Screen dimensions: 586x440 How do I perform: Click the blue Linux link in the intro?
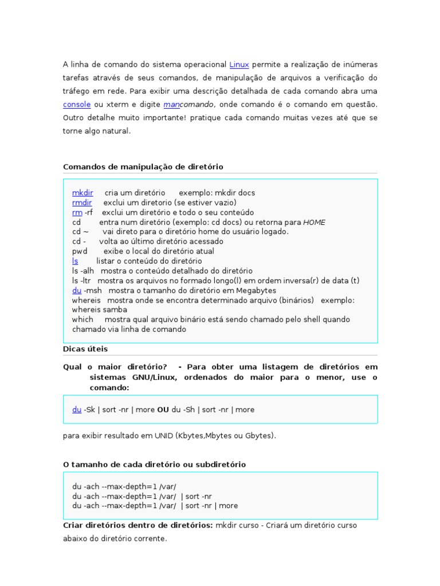239,65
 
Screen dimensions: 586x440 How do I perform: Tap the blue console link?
77,105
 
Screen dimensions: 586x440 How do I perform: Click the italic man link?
171,105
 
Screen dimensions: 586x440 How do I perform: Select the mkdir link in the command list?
82,193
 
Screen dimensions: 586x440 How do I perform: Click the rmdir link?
82,203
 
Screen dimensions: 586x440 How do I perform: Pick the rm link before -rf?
77,212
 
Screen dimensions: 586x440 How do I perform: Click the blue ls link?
75,261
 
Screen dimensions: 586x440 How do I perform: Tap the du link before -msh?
77,290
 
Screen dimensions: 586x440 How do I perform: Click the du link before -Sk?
77,410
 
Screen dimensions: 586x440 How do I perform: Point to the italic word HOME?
314,222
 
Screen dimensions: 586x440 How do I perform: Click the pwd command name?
79,251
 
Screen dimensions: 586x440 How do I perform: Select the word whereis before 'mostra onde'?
87,300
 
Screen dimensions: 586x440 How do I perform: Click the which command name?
82,319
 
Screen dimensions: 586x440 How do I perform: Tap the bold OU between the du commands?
163,410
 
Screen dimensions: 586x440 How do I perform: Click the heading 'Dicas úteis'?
85,349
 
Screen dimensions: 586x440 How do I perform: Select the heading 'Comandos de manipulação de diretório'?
143,167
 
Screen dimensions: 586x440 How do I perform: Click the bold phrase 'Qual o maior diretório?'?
115,366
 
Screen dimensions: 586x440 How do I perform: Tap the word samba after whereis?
116,310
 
